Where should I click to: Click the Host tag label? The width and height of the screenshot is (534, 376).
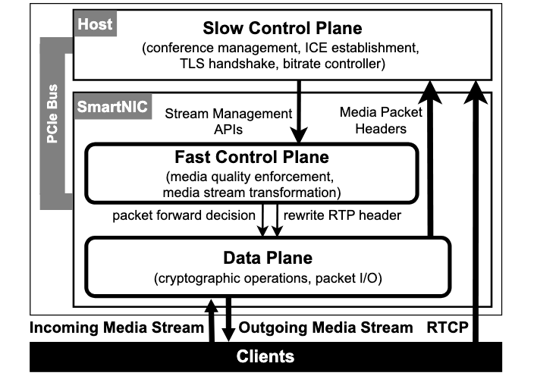95,24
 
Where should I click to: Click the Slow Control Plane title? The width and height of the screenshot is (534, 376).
283,29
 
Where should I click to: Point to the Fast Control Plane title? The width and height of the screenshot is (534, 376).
253,158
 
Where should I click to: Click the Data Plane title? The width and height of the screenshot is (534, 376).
267,257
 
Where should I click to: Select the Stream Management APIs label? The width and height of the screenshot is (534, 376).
228,121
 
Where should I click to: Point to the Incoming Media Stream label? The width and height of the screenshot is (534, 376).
117,327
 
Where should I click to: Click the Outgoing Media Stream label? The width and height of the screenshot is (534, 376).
326,327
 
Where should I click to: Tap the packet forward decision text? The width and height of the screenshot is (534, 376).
182,215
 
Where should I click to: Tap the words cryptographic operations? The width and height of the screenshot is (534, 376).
225,278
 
